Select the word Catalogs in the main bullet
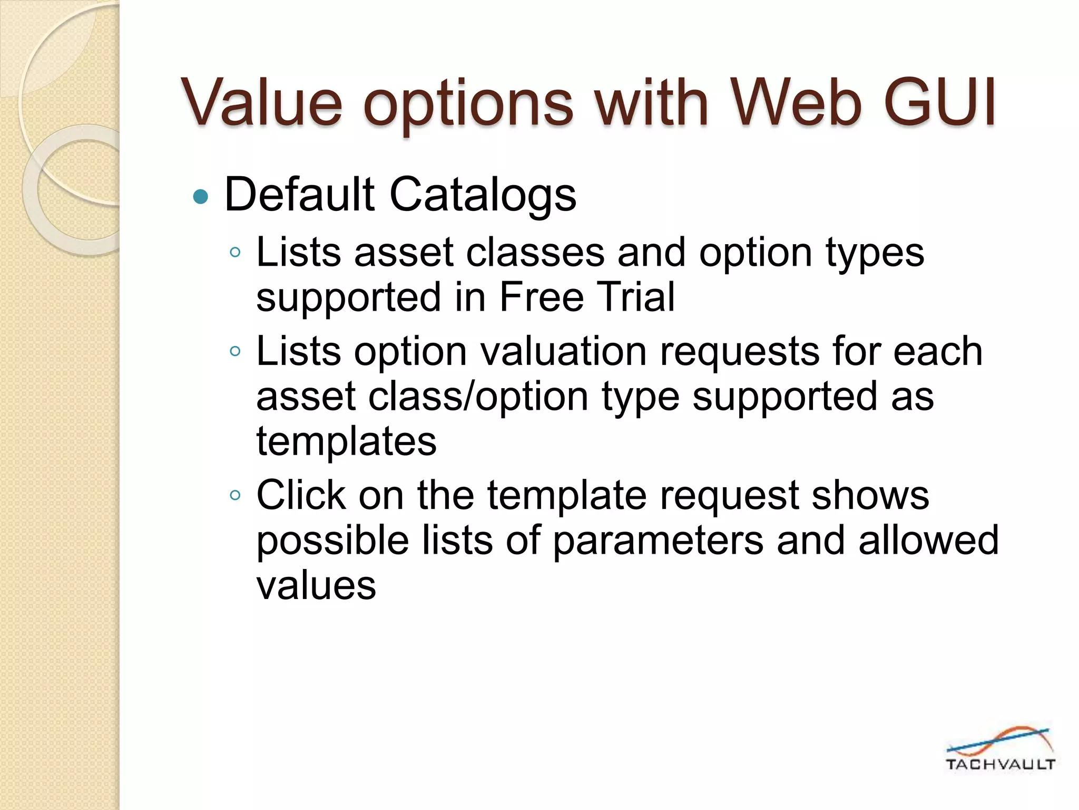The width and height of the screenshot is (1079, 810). coord(483,195)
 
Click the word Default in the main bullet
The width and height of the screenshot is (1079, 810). coord(299,195)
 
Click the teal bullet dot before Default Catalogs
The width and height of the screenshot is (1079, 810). coord(201,197)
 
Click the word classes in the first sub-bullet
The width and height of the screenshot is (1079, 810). coord(535,252)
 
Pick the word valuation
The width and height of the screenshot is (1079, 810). coord(564,351)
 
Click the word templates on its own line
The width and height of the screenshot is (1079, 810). coord(346,441)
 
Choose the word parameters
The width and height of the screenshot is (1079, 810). coord(658,540)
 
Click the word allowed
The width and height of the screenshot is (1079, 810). coord(928,540)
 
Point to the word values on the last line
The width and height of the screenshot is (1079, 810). coord(316,585)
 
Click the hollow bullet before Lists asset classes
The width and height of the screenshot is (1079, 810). coord(235,253)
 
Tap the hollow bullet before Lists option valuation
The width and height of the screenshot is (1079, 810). coord(235,351)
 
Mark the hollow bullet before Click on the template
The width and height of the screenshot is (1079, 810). coord(235,495)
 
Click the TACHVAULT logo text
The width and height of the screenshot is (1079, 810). coord(999,765)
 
